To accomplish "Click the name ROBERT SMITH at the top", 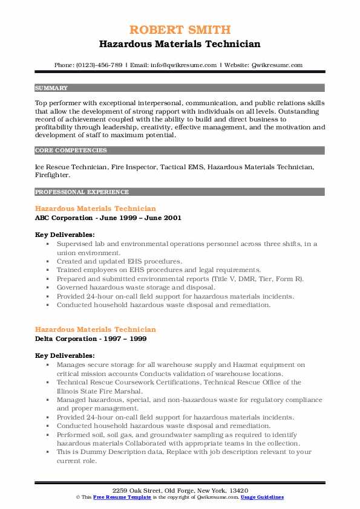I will pyautogui.click(x=180, y=30).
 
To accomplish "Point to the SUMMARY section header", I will pyautogui.click(x=51, y=88).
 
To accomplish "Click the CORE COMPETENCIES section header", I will pyautogui.click(x=71, y=151).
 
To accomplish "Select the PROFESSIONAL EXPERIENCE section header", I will pyautogui.click(x=82, y=192).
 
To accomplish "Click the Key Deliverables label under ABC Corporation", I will pyautogui.click(x=64, y=234).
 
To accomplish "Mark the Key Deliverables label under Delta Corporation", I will pyautogui.click(x=64, y=355).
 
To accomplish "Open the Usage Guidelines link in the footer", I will pyautogui.click(x=263, y=497).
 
